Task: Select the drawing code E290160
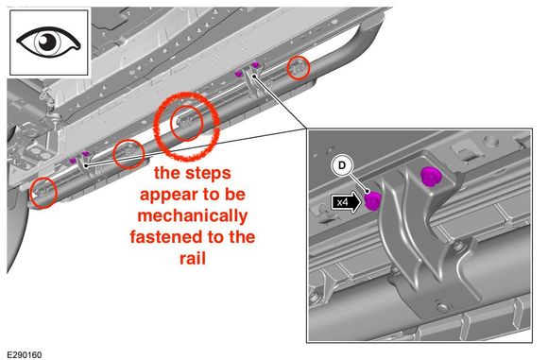tap(25, 354)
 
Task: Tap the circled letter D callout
tap(342, 165)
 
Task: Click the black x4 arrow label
tap(346, 202)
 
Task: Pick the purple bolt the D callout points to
tap(372, 200)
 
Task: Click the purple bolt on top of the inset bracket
tap(431, 177)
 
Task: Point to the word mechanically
tap(193, 215)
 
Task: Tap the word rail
tap(193, 258)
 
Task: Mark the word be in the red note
tap(235, 194)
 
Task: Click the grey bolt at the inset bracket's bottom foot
tap(443, 308)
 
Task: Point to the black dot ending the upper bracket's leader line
tap(254, 76)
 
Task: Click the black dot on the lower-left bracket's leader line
tap(86, 163)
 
